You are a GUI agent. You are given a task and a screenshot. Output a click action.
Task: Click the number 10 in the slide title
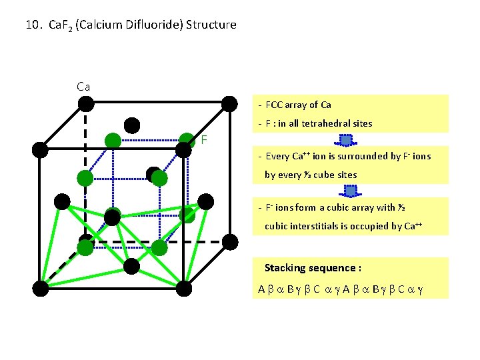tap(31, 25)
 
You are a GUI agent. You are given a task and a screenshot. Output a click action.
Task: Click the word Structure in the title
tap(211, 25)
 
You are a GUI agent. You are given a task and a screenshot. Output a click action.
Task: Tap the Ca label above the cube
tap(83, 87)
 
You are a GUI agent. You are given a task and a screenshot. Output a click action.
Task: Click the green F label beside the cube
tap(205, 140)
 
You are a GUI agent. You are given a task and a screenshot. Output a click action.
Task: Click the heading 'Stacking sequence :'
tap(313, 268)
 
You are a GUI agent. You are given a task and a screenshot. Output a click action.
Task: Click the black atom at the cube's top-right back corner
tap(229, 103)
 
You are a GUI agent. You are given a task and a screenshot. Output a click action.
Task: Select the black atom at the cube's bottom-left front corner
tap(41, 288)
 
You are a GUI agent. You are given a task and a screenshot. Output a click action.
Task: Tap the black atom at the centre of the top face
tap(132, 125)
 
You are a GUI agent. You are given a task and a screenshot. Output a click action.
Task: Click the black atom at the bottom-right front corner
tap(186, 288)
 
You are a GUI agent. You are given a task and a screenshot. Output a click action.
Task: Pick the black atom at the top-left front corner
tap(41, 149)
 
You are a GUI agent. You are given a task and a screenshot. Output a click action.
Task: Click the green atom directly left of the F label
tap(186, 141)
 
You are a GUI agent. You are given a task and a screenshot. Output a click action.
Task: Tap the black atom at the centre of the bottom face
tap(132, 266)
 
